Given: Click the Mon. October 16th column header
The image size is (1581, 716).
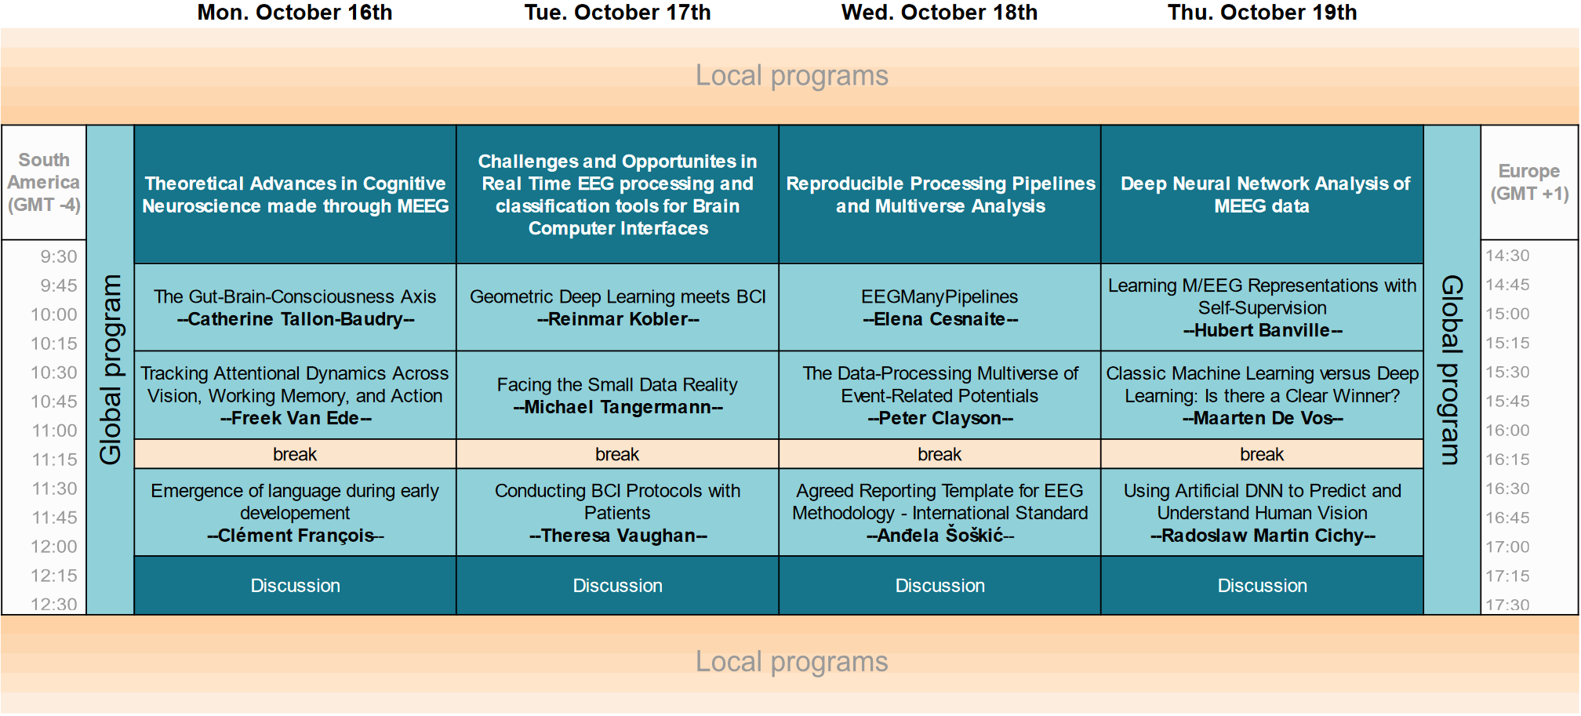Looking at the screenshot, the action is point(295,13).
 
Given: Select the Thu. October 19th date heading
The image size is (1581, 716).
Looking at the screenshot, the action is point(1262,13).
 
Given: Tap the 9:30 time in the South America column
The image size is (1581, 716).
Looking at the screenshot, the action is point(59,256).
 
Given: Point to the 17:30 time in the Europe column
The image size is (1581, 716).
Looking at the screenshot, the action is point(1507,605).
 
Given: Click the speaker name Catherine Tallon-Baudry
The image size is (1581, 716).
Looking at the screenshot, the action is point(296,319).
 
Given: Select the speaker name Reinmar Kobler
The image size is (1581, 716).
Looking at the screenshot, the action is point(618,319).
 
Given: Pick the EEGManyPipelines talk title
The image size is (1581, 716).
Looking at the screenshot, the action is point(940,296).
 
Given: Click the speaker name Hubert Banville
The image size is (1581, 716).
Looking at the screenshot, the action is point(1263,330).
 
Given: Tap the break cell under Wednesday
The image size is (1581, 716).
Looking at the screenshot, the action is point(940,454).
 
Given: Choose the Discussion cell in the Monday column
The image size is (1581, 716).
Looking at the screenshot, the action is point(296,586).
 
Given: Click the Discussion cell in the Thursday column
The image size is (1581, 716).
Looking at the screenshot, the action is point(1263,586).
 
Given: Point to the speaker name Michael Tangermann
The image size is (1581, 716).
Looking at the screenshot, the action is point(618,407).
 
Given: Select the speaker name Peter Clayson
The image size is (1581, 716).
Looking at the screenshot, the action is point(940,418).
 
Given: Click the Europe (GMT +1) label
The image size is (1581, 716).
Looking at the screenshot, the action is point(1529,182).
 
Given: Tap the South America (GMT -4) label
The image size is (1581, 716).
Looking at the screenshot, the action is point(44,182).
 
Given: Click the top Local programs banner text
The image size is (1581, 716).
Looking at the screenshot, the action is point(792,75).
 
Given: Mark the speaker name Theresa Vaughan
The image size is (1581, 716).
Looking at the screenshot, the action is point(618,536).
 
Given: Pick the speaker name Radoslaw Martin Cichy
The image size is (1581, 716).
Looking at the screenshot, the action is point(1263,536).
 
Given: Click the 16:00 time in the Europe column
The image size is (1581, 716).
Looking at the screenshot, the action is point(1507,430).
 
